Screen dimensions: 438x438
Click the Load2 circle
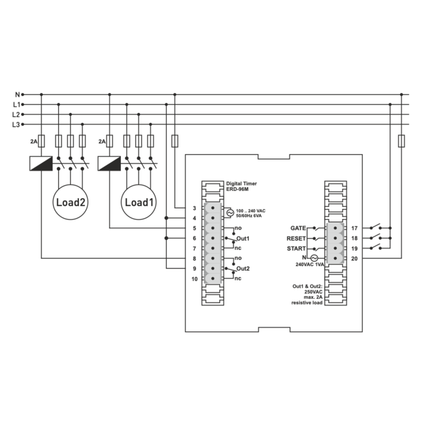pos(71,202)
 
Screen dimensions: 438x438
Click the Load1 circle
pos(139,202)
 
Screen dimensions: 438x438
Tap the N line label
pos(17,95)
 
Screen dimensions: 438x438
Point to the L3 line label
pos(16,124)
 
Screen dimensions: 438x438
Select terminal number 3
pos(194,208)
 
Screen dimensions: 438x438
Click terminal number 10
pos(194,278)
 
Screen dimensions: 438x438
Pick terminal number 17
pos(354,228)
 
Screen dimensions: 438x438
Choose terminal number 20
pos(354,258)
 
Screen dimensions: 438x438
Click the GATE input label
pos(297,228)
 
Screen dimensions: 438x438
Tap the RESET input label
pos(296,239)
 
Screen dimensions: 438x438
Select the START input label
pos(296,248)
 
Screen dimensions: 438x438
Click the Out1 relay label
pos(243,239)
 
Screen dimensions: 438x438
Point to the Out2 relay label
pos(243,269)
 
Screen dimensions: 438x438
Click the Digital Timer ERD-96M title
pos(241,187)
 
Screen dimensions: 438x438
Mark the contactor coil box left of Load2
pos(41,163)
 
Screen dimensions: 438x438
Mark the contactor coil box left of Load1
pos(109,163)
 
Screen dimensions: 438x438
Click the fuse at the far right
pos(401,141)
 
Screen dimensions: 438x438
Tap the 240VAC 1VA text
pos(310,265)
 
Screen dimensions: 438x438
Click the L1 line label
pos(16,105)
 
